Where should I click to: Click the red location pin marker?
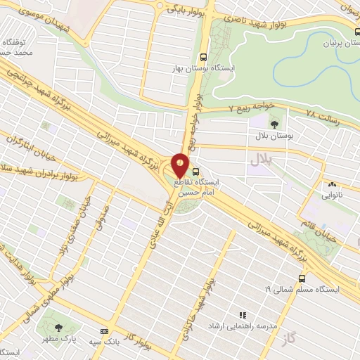(180, 165)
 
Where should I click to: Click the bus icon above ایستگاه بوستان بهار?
(204, 57)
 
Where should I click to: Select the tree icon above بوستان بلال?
(274, 124)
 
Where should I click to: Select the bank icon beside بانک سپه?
(105, 331)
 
